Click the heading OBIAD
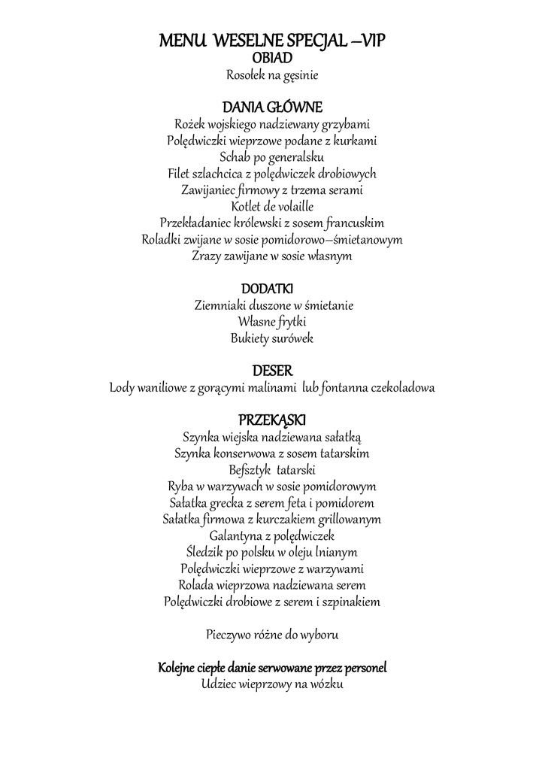coord(272,57)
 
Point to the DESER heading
coord(272,371)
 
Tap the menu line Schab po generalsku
coord(272,157)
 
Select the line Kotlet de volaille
coord(272,206)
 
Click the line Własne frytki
coord(272,322)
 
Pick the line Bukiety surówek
coord(272,338)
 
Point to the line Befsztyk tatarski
coord(272,470)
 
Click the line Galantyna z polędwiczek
coord(272,536)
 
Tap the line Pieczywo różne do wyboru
coord(272,635)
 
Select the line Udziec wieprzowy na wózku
coord(272,684)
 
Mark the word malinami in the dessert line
coord(272,388)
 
